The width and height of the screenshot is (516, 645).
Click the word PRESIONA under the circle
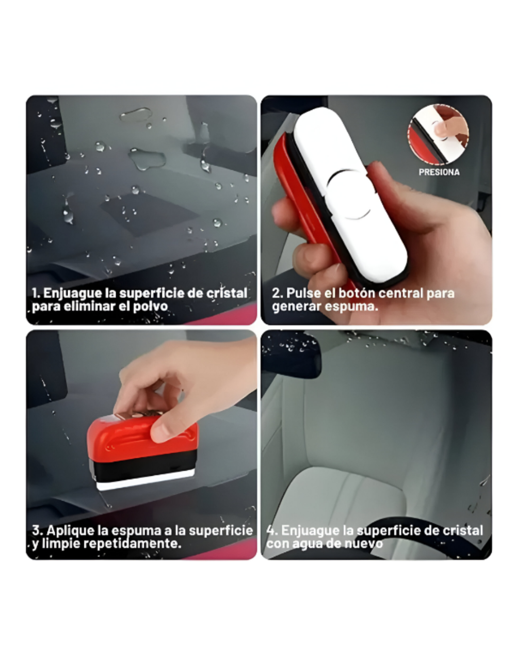pos(439,172)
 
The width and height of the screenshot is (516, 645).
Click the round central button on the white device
pos(349,195)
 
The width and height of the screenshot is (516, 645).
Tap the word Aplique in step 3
pos(69,530)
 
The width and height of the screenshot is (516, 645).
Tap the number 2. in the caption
pos(278,293)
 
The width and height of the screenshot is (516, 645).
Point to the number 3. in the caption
pos(37,530)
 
